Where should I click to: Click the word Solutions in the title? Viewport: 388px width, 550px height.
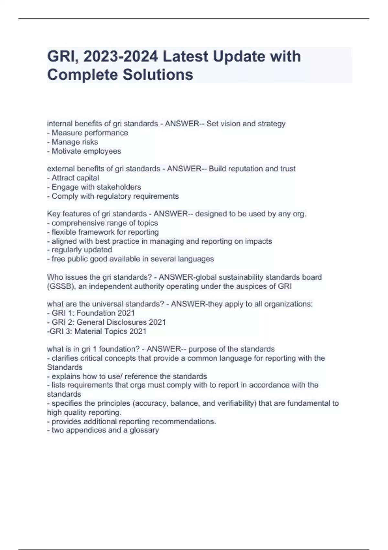[158, 75]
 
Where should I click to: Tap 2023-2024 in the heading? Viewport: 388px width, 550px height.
[121, 56]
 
